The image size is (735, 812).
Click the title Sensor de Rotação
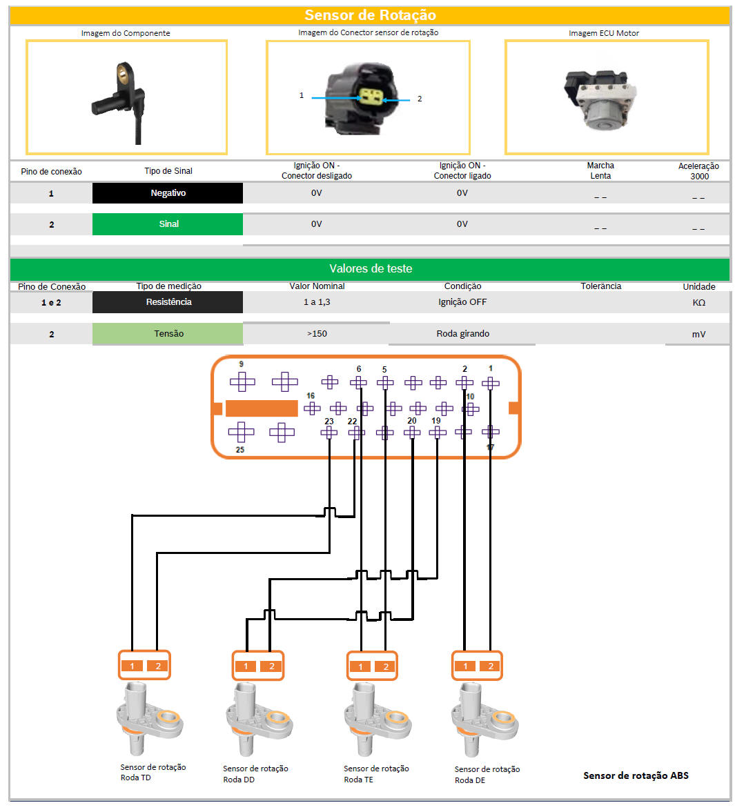(370, 15)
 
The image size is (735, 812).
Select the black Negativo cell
(167, 193)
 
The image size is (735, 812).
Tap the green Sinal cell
(167, 224)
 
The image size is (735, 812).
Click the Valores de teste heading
(371, 268)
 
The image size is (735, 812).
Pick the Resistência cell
(167, 302)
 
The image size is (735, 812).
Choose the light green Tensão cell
(167, 333)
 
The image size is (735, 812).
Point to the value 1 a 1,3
(317, 302)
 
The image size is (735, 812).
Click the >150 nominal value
(317, 333)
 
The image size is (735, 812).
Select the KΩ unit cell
(698, 302)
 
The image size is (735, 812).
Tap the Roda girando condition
(462, 333)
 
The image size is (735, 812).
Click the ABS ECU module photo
(600, 99)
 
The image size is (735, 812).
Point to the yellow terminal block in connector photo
(371, 96)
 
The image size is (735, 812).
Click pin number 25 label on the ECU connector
(239, 450)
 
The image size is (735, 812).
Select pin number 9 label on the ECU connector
(241, 364)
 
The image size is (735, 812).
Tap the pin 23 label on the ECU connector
(329, 421)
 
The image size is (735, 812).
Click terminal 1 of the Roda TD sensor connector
(132, 666)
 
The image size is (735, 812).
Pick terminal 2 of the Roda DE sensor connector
(491, 666)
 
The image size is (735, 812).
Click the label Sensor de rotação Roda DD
(255, 773)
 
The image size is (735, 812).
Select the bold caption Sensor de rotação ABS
(636, 775)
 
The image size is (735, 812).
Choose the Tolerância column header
(601, 286)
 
